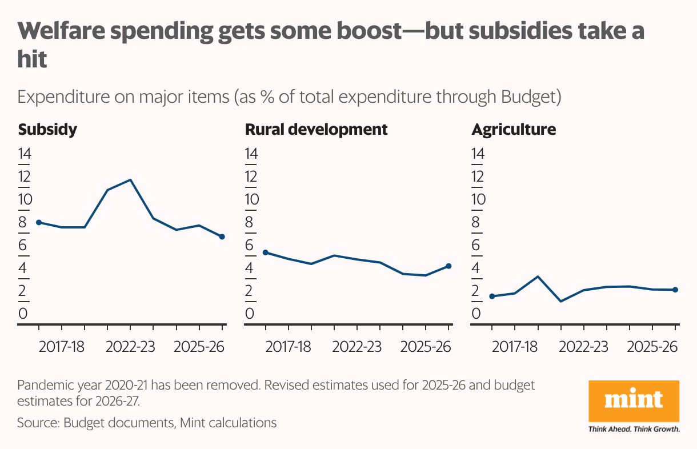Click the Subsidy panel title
tap(47, 130)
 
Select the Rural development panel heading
tap(316, 130)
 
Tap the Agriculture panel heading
tap(513, 130)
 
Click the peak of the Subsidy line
tap(131, 180)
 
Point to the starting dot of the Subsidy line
tap(39, 222)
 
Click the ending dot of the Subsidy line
tap(222, 236)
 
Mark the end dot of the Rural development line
tap(448, 266)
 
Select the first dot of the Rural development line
tap(265, 252)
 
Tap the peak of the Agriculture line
tap(538, 276)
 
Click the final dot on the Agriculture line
tap(675, 290)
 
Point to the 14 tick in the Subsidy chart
tap(25, 154)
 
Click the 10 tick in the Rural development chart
tap(251, 200)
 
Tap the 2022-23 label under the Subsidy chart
tap(130, 347)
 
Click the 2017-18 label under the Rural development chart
tap(289, 347)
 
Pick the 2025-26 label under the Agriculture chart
tap(651, 347)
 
